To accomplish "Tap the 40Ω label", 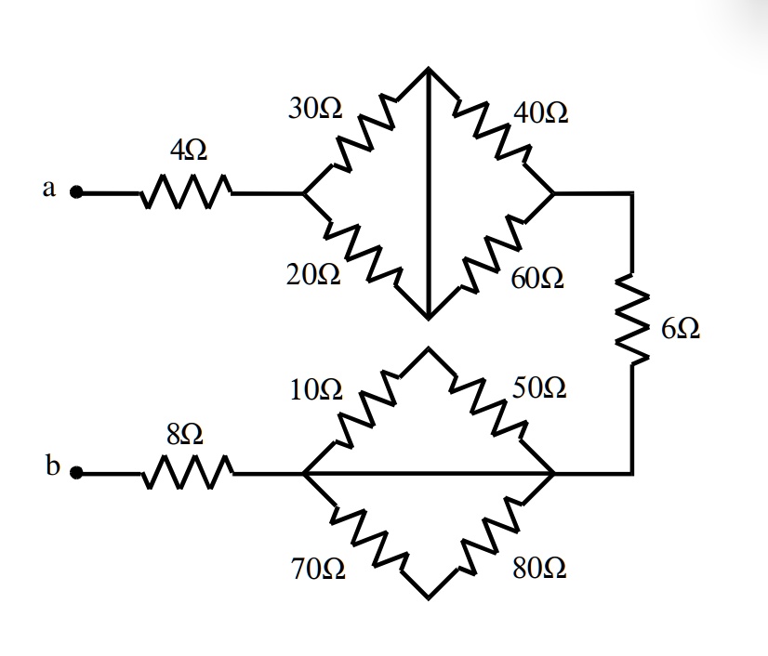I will click(541, 114).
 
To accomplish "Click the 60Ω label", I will click(537, 278).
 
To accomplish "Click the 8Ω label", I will click(185, 433).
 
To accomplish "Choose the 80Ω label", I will click(538, 568).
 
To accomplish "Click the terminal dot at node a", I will click(79, 194).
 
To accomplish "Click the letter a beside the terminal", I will click(49, 189).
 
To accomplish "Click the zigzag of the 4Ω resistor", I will click(187, 193).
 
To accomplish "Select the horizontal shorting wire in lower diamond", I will click(428, 474).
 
